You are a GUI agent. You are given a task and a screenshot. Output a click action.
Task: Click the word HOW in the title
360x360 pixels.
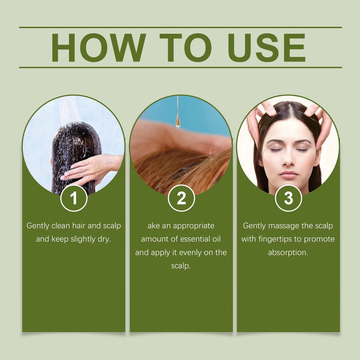(99, 48)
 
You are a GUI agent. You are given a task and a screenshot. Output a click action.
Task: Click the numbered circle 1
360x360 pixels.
(74, 198)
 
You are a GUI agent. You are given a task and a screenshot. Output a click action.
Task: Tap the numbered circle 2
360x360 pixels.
(181, 198)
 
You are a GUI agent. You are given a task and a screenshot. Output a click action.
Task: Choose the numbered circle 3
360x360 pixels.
(288, 198)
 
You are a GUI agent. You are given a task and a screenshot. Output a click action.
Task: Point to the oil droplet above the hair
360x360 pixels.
(178, 122)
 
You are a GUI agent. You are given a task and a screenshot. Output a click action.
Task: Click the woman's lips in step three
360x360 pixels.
(289, 175)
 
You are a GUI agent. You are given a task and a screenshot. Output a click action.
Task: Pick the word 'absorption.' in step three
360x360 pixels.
(288, 253)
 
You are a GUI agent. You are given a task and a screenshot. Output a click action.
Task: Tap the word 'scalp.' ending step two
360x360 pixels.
(181, 266)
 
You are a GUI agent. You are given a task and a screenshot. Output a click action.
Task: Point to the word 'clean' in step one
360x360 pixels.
(61, 226)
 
